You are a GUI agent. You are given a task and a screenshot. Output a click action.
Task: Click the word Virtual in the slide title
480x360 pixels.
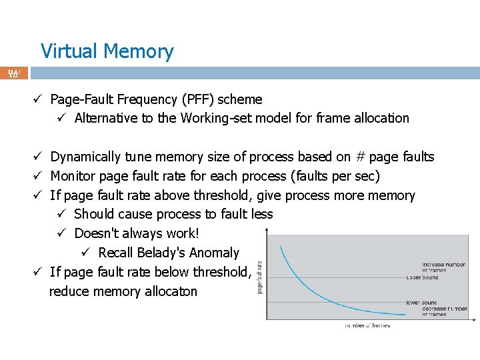coord(69,51)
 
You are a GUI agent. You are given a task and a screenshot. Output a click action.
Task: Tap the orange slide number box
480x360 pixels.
coord(14,73)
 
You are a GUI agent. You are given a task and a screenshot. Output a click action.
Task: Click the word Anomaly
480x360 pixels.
coord(214,253)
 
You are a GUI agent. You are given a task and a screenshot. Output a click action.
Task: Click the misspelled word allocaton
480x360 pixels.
coord(166,291)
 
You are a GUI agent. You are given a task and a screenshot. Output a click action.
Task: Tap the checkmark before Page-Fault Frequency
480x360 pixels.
coord(39,100)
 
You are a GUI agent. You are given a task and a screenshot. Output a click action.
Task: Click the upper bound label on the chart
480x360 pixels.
coord(422,277)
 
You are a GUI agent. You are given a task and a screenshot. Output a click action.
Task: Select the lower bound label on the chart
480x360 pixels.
coord(422,303)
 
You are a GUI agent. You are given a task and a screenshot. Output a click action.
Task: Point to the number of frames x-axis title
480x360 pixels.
coord(368,325)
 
